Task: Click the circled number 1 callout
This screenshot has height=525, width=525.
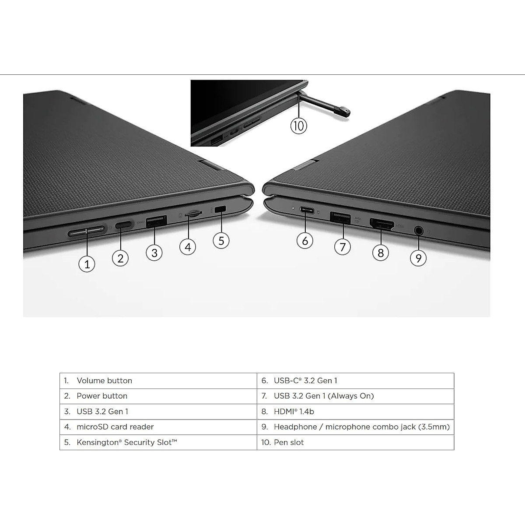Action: click(x=87, y=264)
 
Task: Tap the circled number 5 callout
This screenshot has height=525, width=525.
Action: click(x=221, y=240)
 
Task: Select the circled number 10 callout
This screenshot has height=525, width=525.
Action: click(x=298, y=126)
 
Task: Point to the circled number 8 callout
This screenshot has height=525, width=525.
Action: click(x=381, y=252)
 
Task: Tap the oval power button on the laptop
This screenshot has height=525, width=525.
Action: click(x=124, y=225)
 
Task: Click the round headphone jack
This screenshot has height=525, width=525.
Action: click(x=419, y=230)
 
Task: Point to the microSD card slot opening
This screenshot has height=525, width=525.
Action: click(x=193, y=214)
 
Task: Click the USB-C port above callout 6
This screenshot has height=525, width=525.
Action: click(x=307, y=210)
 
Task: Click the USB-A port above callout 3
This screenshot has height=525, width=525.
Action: click(x=156, y=221)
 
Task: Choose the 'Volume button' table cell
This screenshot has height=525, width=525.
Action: click(x=104, y=381)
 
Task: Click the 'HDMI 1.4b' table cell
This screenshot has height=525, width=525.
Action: click(x=294, y=411)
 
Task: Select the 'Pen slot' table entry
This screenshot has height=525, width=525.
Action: click(x=288, y=442)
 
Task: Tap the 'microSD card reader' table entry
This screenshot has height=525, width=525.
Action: click(x=115, y=427)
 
